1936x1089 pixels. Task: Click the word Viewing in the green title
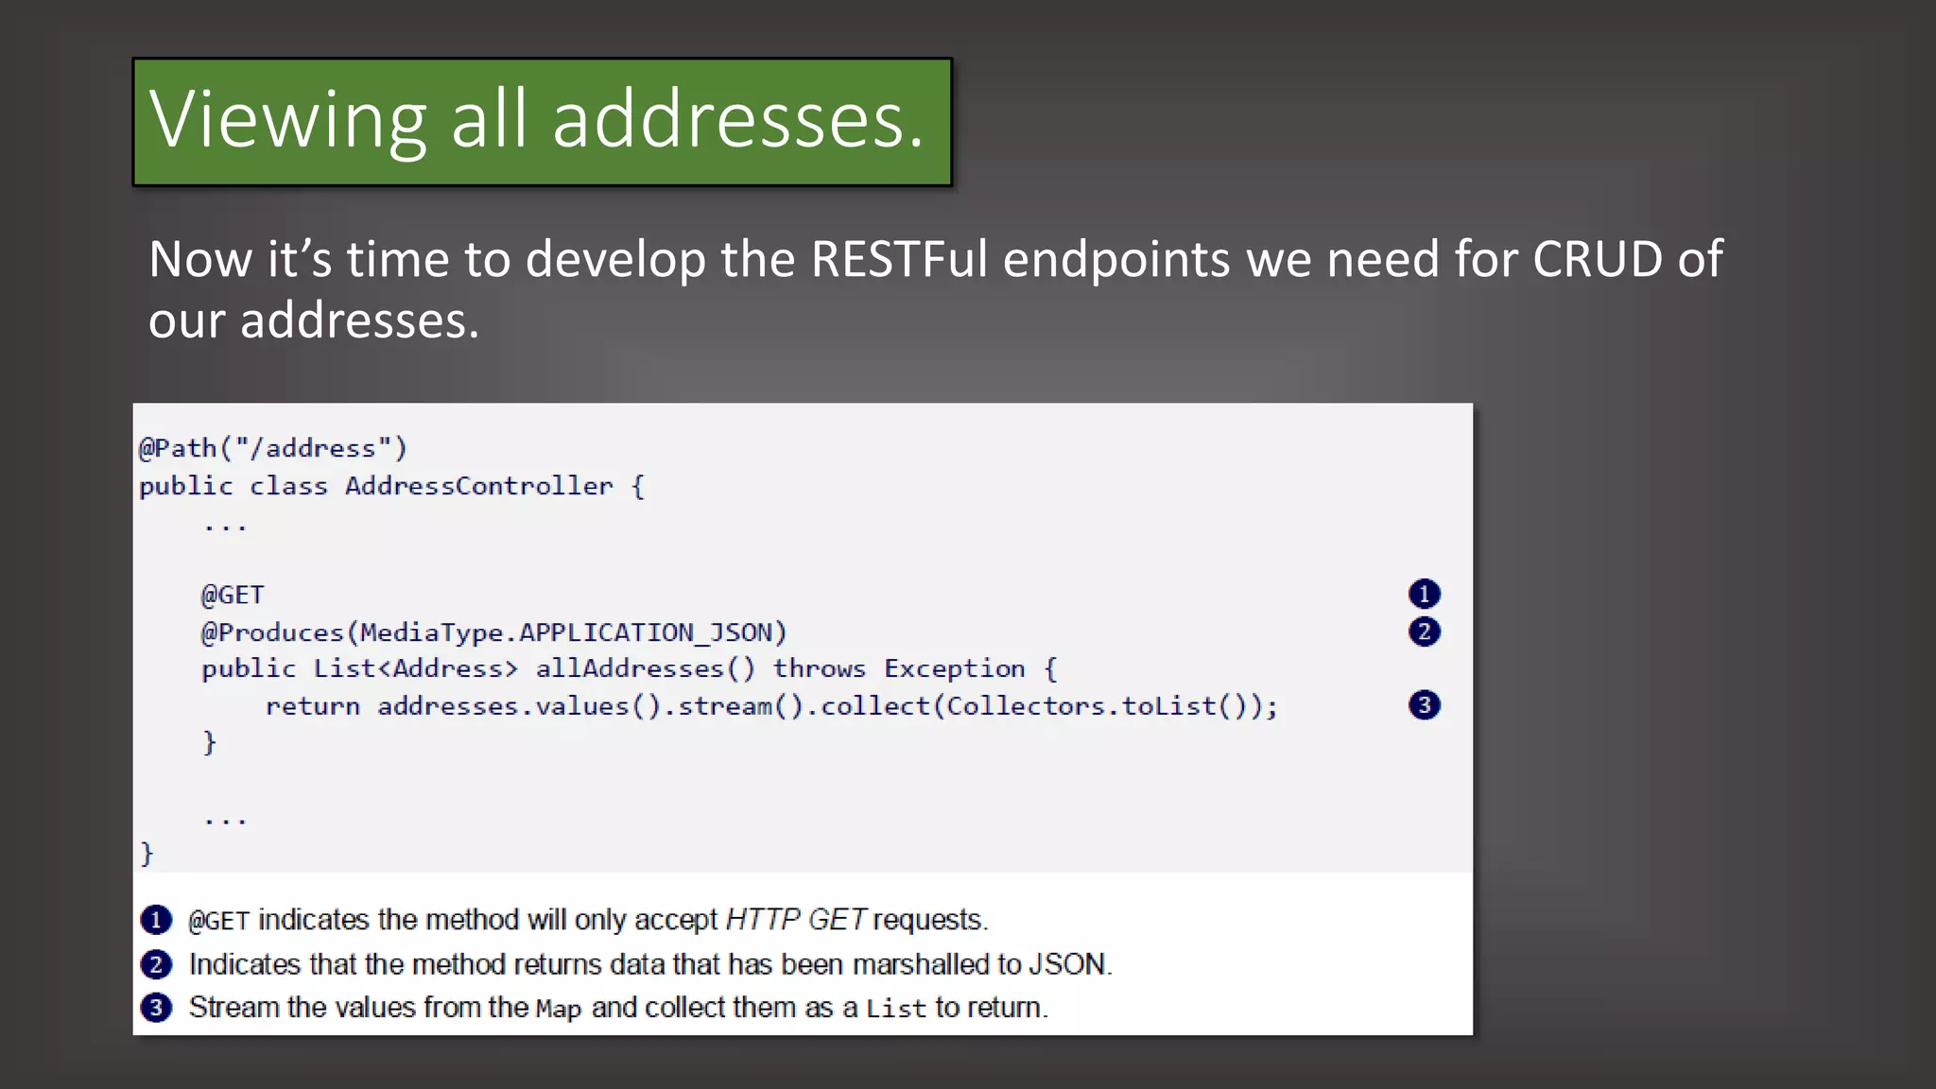(x=288, y=121)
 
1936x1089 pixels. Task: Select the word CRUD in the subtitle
(x=1597, y=260)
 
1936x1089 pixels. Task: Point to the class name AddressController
(x=478, y=486)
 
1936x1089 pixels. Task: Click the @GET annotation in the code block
(x=233, y=595)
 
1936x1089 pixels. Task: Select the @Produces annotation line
(x=493, y=632)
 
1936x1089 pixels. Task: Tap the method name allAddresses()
(x=645, y=669)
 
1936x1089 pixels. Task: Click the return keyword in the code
(x=312, y=706)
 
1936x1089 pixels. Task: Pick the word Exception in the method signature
(x=954, y=669)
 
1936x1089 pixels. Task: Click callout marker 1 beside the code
(x=1424, y=594)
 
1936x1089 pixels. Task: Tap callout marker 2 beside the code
(x=1424, y=631)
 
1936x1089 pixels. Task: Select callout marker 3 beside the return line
(x=1424, y=705)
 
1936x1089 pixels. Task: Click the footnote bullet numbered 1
(x=156, y=920)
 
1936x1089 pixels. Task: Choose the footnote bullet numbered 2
(x=156, y=964)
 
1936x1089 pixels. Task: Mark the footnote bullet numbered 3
(x=156, y=1008)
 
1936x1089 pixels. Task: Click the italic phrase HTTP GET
(x=795, y=920)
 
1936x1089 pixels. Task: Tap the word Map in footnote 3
(x=558, y=1009)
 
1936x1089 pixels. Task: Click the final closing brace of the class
(x=147, y=854)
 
